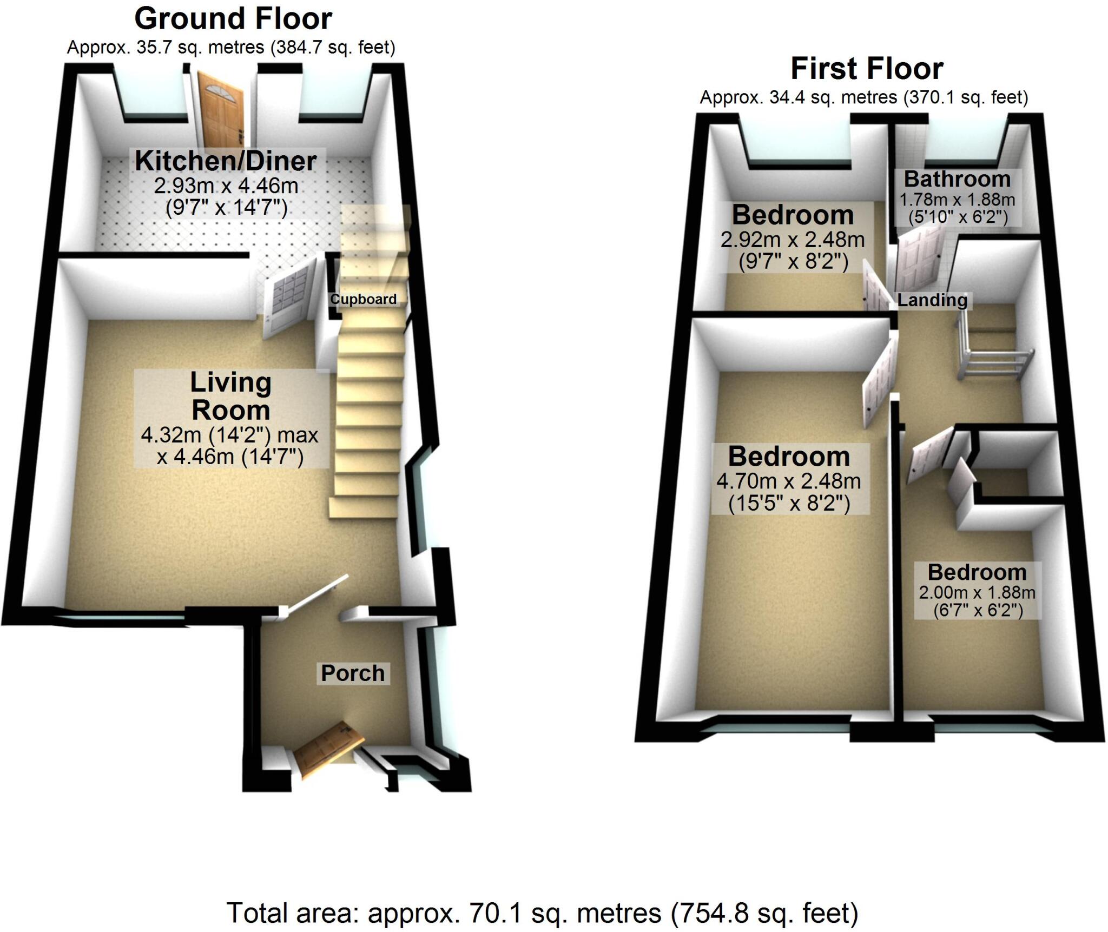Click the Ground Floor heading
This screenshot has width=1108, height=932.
click(x=233, y=19)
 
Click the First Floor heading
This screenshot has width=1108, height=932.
click(x=867, y=69)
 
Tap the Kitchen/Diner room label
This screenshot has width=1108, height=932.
click(x=226, y=161)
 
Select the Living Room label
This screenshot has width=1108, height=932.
click(x=230, y=396)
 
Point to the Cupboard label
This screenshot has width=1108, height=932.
click(x=363, y=299)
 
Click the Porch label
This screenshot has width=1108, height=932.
click(x=353, y=673)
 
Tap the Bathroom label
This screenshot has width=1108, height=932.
click(x=957, y=179)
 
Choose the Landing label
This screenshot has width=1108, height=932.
click(x=932, y=300)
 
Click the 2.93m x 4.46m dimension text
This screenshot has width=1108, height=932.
click(x=226, y=186)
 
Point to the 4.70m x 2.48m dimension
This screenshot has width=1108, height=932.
click(x=788, y=481)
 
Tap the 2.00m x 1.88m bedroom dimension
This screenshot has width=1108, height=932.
click(x=977, y=593)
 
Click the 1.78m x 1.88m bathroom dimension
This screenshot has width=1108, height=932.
click(x=957, y=200)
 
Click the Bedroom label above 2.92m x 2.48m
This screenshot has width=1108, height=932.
click(x=793, y=215)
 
